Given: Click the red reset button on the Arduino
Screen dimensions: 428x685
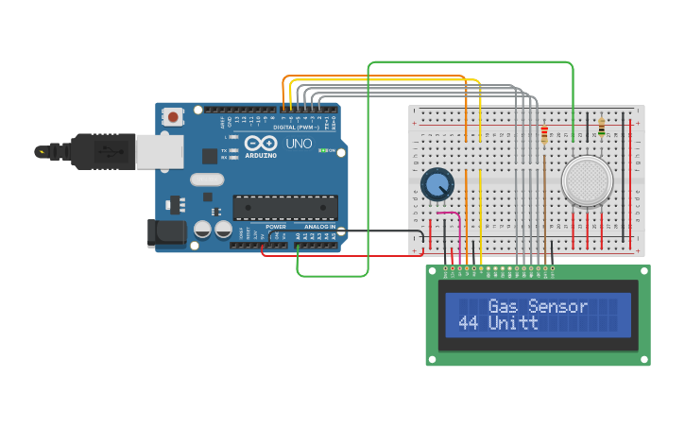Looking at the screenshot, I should point(174,117).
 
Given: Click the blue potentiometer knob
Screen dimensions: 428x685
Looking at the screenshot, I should point(437,184).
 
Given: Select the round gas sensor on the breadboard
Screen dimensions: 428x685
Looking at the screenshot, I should point(587,180).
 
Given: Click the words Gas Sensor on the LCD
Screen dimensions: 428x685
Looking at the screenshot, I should point(538,306).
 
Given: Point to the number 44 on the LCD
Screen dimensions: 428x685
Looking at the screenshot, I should point(468,323).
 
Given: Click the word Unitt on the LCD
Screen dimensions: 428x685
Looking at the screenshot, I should point(513,323).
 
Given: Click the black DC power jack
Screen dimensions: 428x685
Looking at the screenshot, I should point(165,233).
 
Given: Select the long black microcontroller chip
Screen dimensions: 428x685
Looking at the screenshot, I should point(285,207).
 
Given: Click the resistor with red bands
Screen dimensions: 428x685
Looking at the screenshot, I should point(544,134).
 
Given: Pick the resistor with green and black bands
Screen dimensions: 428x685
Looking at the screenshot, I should point(602,128).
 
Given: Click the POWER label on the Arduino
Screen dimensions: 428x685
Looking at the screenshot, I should point(276,227).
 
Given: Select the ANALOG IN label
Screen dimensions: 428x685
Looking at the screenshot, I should point(319,227).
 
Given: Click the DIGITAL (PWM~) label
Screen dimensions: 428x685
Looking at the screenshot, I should point(298,126).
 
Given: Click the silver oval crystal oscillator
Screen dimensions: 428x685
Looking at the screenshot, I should point(207,180).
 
